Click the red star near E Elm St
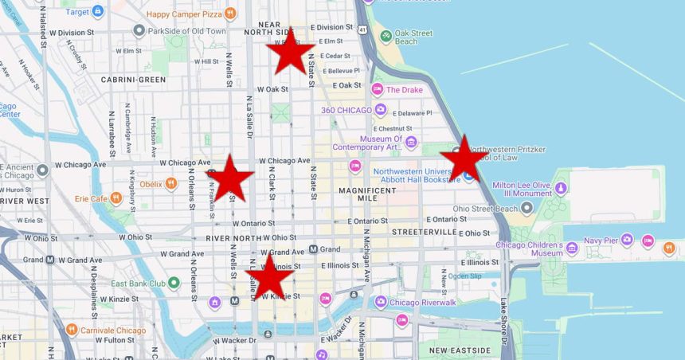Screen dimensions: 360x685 [x=290, y=52]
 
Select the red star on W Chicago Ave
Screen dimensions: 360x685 [x=229, y=178]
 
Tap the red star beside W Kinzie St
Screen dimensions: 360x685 [x=269, y=276]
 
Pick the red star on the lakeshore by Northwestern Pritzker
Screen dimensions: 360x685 [x=464, y=158]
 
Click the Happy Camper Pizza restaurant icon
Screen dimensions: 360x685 [x=230, y=13]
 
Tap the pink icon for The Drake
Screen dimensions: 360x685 [x=378, y=89]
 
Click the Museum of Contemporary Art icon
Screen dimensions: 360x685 [x=411, y=143]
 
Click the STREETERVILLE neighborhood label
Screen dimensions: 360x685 [x=423, y=232]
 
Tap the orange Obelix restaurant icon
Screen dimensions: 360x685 [x=170, y=184]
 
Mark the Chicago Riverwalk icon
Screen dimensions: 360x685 [x=381, y=302]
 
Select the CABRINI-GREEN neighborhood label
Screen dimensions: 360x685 [x=133, y=80]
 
